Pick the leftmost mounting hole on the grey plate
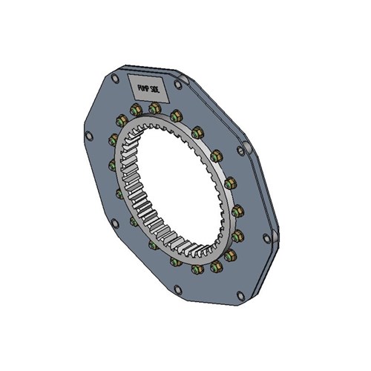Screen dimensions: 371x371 click(x=89, y=136)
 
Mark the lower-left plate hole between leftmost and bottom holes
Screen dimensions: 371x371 click(x=114, y=220)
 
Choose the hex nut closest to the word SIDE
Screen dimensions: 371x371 click(x=176, y=116)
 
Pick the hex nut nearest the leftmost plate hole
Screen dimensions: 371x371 click(x=114, y=139)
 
